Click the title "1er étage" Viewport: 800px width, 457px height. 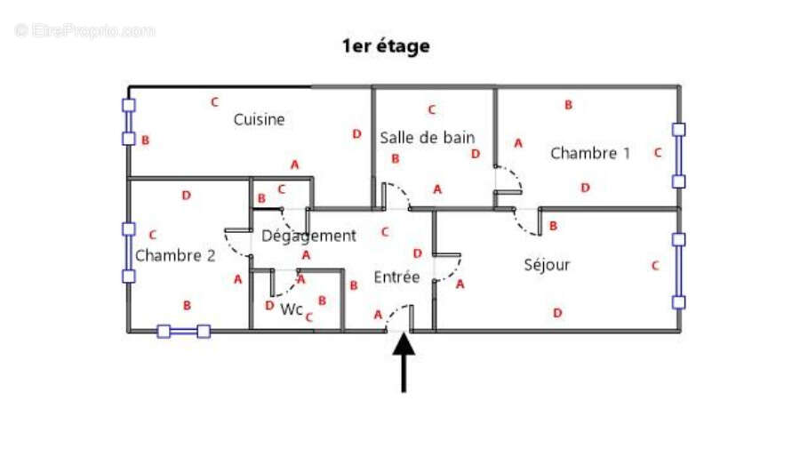pyautogui.click(x=386, y=46)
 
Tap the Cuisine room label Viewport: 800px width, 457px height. pyautogui.click(x=259, y=119)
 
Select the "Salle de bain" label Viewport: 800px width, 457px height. pyautogui.click(x=427, y=138)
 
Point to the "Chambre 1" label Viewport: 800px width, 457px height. pyautogui.click(x=590, y=153)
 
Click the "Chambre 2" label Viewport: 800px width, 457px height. pyautogui.click(x=175, y=255)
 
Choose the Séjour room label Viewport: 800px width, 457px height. pyautogui.click(x=547, y=265)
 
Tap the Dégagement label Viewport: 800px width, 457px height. pyautogui.click(x=308, y=236)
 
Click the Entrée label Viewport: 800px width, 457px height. pyautogui.click(x=396, y=277)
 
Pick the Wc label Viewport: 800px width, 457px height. pyautogui.click(x=292, y=309)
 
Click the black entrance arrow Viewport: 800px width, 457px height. pyautogui.click(x=404, y=362)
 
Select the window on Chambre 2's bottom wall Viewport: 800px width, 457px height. pyautogui.click(x=184, y=332)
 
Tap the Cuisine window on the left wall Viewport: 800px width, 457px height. pyautogui.click(x=129, y=122)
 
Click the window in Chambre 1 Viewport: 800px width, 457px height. pyautogui.click(x=678, y=156)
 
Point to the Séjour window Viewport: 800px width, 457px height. pyautogui.click(x=678, y=271)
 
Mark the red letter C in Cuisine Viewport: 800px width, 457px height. pyautogui.click(x=215, y=102)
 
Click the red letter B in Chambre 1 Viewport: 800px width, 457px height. pyautogui.click(x=568, y=105)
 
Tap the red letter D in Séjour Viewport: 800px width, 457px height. pyautogui.click(x=557, y=313)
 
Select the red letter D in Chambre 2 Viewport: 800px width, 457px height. pyautogui.click(x=187, y=196)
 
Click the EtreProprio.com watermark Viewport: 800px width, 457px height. pyautogui.click(x=85, y=31)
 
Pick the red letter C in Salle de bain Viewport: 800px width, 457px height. pyautogui.click(x=432, y=109)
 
